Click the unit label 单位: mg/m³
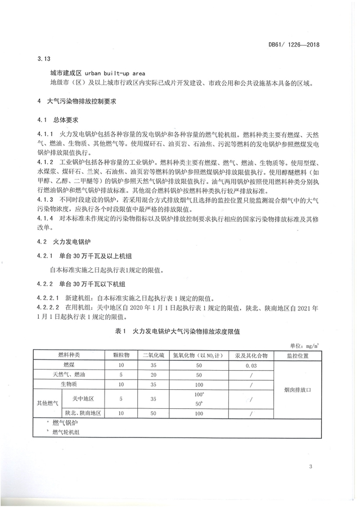tap(305, 345)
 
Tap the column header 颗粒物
tap(121, 355)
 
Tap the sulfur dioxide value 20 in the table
tap(152, 374)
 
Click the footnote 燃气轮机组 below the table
tap(66, 432)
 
